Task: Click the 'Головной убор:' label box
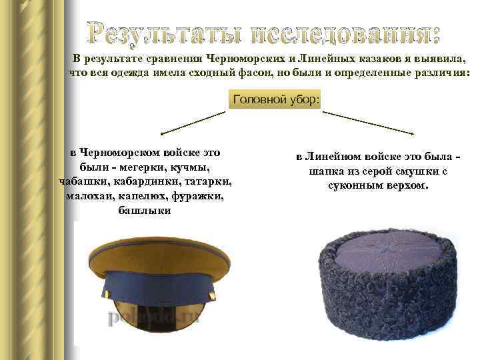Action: (x=276, y=100)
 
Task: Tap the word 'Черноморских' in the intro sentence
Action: (x=245, y=58)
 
